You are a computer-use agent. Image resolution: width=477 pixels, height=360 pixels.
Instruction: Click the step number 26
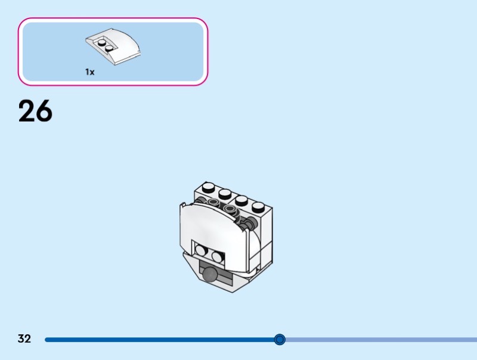pyautogui.click(x=35, y=111)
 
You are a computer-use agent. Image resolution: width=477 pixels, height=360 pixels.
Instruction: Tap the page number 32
pyautogui.click(x=24, y=339)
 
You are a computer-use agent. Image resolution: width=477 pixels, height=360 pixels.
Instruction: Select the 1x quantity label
pyautogui.click(x=90, y=72)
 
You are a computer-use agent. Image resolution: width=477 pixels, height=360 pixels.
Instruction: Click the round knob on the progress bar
pyautogui.click(x=280, y=339)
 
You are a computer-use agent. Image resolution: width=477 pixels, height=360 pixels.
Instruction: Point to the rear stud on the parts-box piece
pyautogui.click(x=102, y=42)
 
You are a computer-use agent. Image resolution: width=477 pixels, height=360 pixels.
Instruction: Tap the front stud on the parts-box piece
pyautogui.click(x=109, y=48)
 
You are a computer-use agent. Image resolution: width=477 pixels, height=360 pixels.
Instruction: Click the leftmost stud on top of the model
pyautogui.click(x=208, y=187)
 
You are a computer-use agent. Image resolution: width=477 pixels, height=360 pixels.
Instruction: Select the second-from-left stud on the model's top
pyautogui.click(x=225, y=194)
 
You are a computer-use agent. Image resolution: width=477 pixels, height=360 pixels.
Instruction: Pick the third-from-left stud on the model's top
pyautogui.click(x=241, y=200)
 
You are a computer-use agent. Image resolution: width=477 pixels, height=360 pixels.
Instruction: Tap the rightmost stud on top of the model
pyautogui.click(x=258, y=207)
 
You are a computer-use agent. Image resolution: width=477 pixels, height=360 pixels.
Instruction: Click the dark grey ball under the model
pyautogui.click(x=210, y=273)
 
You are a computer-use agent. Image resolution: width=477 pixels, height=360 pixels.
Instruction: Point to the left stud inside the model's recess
pyautogui.click(x=200, y=250)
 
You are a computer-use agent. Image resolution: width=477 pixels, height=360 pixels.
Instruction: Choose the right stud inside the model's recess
pyautogui.click(x=217, y=257)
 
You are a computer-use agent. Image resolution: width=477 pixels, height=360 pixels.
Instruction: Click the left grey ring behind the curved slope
pyautogui.click(x=213, y=201)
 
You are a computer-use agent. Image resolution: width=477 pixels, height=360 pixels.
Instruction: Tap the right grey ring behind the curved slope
pyautogui.click(x=230, y=208)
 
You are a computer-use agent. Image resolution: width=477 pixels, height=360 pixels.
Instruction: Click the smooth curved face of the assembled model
pyautogui.click(x=213, y=225)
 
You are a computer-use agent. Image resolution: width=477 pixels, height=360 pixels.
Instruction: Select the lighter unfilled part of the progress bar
pyautogui.click(x=381, y=340)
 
